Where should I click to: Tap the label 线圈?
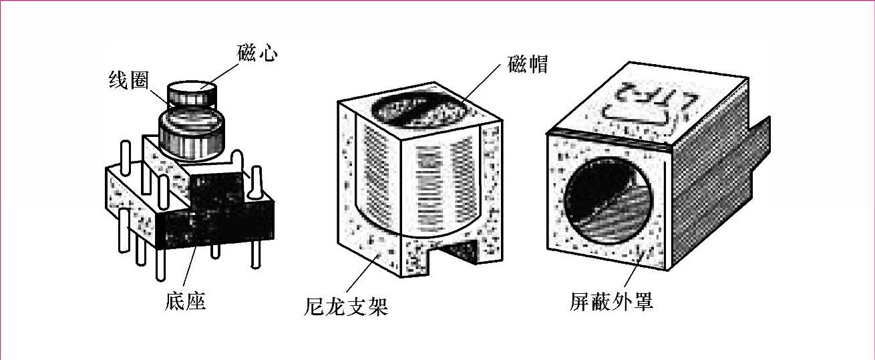coord(128,81)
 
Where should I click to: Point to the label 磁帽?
coord(528,65)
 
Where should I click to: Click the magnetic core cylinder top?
coord(190,88)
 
